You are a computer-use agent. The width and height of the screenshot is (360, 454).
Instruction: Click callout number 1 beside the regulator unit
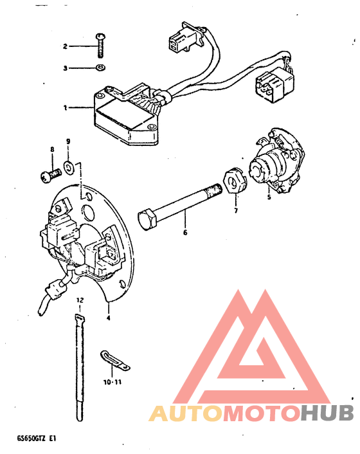(x=66, y=107)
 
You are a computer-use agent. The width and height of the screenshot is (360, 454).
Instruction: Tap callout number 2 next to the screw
(x=66, y=46)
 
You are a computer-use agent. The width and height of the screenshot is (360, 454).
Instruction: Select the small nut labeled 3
(x=100, y=68)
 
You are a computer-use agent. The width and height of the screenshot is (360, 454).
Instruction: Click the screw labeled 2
(x=100, y=45)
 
